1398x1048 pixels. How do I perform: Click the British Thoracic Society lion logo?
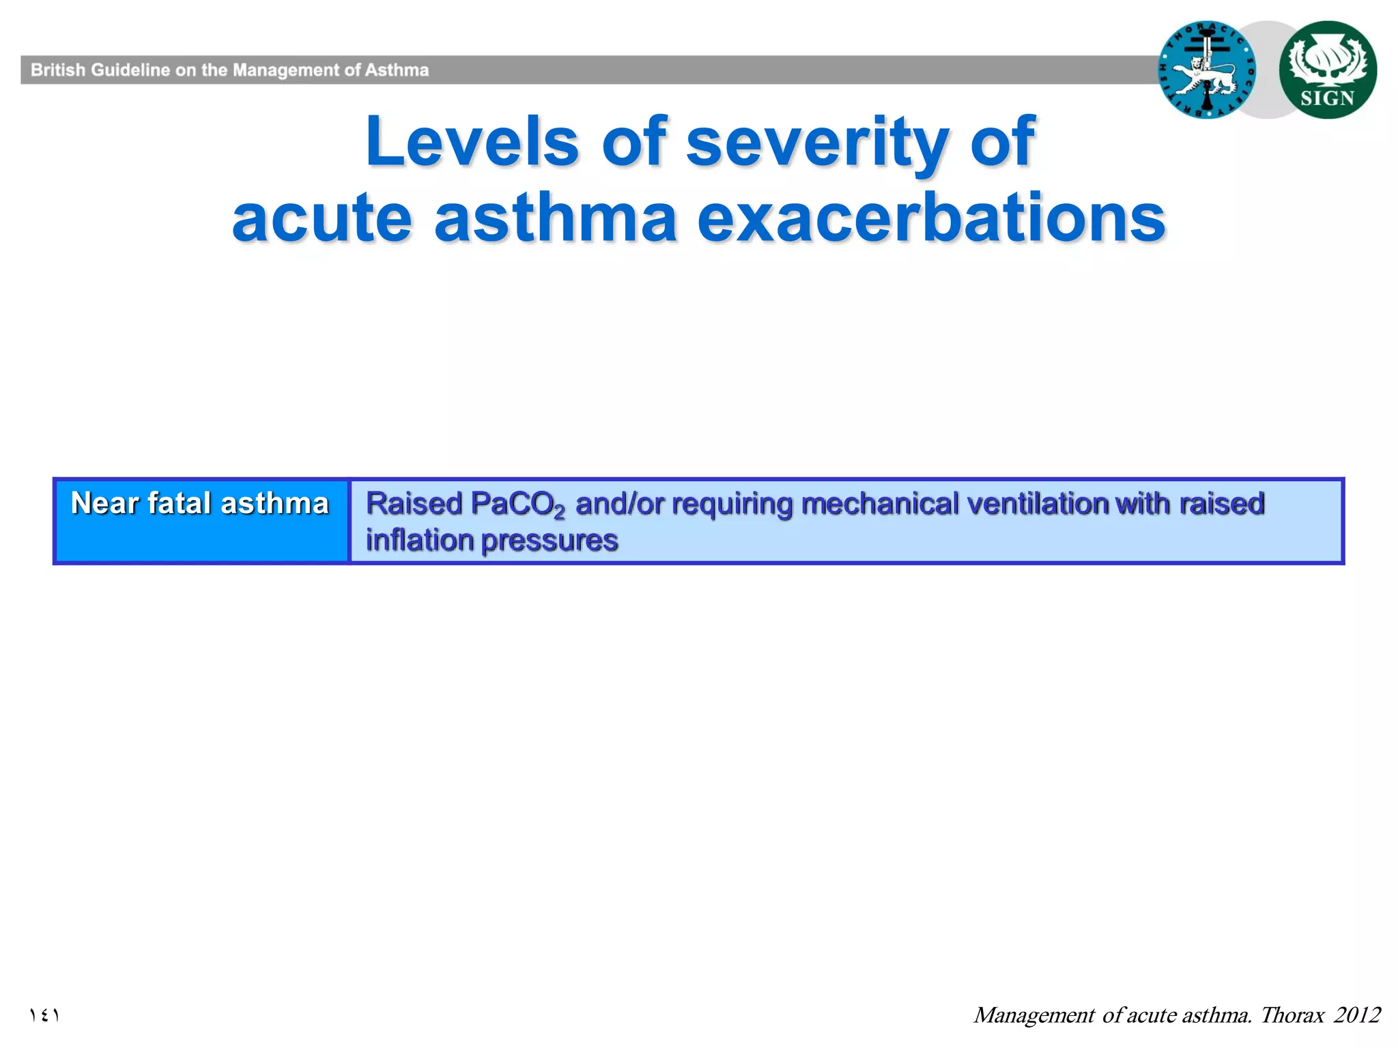click(x=1207, y=70)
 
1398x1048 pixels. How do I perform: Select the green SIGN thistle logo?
click(x=1327, y=70)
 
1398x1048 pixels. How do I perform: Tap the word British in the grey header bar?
click(x=58, y=70)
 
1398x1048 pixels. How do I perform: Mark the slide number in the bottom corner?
click(x=44, y=1015)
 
